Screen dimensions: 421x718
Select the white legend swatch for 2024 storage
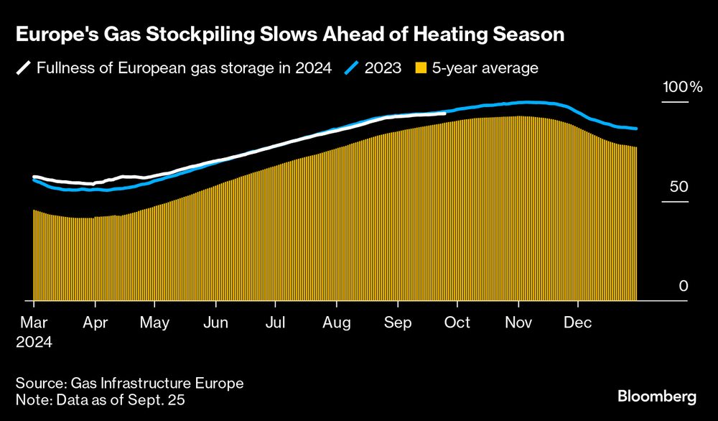pyautogui.click(x=24, y=69)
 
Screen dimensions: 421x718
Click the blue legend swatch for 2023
pyautogui.click(x=353, y=69)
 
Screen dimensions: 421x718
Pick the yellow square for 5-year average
pyautogui.click(x=421, y=69)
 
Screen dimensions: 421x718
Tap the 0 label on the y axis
pyautogui.click(x=684, y=286)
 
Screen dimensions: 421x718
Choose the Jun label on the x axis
pyautogui.click(x=215, y=323)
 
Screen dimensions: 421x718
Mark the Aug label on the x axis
pyautogui.click(x=336, y=323)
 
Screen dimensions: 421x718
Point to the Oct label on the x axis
pyautogui.click(x=458, y=323)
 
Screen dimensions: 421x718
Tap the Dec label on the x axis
pyautogui.click(x=577, y=323)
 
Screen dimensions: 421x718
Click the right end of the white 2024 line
pyautogui.click(x=444, y=113)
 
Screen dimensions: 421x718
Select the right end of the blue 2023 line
pyautogui.click(x=636, y=129)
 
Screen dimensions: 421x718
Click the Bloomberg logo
pyautogui.click(x=657, y=396)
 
